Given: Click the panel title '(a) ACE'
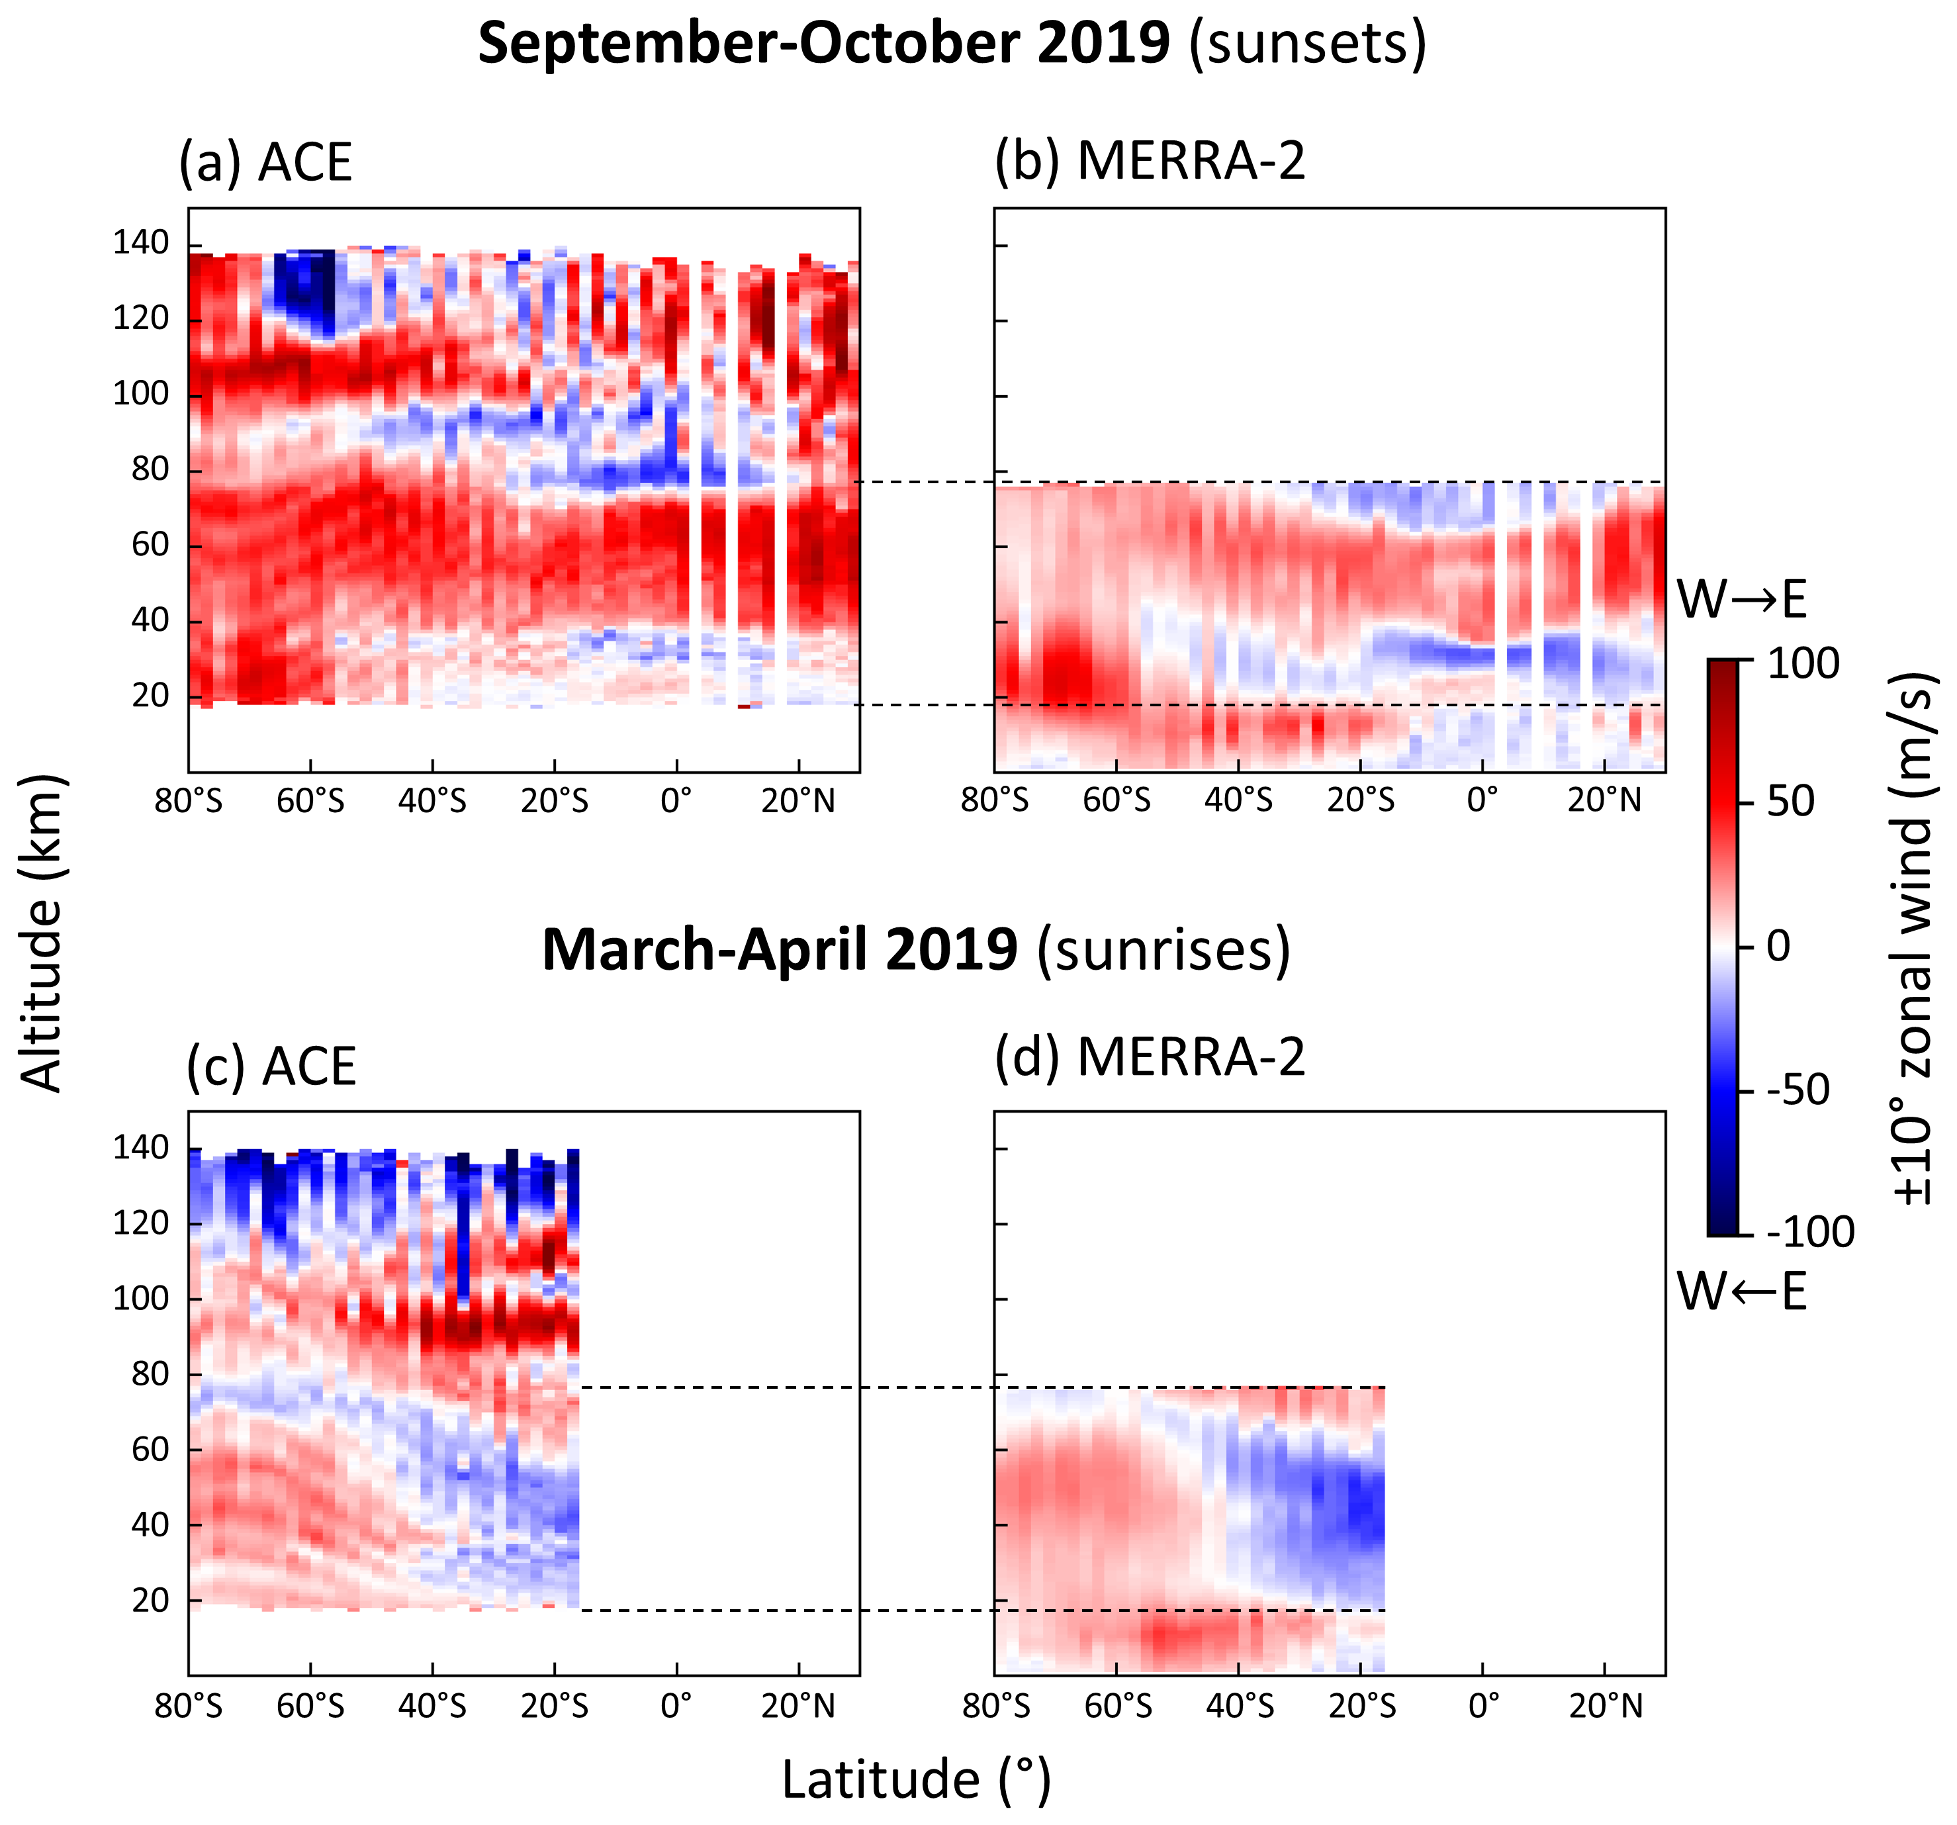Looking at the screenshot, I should pos(265,162).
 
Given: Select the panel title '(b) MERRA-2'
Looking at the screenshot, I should pos(1149,160).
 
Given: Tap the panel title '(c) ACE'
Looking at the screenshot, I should pos(271,1066).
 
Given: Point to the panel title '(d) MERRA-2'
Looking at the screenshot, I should pos(1149,1057).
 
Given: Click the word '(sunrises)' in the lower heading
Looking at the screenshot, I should pos(1163,950).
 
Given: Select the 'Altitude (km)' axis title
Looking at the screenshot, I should pos(41,933).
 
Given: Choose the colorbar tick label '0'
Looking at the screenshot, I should pos(1778,946).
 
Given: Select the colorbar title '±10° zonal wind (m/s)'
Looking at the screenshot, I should pos(1915,939).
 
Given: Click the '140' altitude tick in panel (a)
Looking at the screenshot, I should pos(141,243).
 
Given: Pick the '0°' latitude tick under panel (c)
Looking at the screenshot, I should pos(676,1706).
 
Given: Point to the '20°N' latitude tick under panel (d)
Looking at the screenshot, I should pos(1606,1706).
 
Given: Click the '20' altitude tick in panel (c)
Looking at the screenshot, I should pos(151,1601).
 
